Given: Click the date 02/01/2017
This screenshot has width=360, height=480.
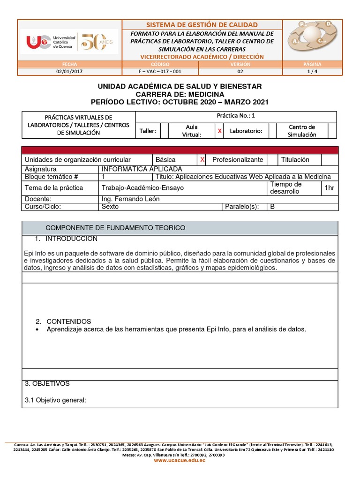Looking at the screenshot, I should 69,72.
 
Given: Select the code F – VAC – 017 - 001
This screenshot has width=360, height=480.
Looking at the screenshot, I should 160,72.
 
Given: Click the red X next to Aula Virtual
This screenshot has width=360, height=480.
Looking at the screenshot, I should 219,131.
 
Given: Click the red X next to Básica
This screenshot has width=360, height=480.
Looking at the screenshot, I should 202,160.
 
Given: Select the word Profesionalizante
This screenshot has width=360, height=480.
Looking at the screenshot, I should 238,160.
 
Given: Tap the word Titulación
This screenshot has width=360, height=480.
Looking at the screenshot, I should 295,160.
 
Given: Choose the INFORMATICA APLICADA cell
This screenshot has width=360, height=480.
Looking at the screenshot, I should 142,169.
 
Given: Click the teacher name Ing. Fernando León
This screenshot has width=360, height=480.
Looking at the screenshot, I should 130,199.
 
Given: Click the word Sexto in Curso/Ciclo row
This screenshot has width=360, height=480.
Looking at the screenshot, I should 110,206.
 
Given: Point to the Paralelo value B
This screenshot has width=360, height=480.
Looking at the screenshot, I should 271,206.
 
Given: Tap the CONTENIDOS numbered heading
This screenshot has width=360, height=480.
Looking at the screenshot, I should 69,322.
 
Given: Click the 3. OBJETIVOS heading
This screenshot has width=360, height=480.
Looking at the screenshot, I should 47,383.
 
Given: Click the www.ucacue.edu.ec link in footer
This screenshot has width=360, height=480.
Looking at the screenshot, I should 180,461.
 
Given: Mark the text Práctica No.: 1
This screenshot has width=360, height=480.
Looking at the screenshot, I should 236,116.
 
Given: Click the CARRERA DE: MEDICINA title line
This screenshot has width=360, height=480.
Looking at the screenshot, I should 180,94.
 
